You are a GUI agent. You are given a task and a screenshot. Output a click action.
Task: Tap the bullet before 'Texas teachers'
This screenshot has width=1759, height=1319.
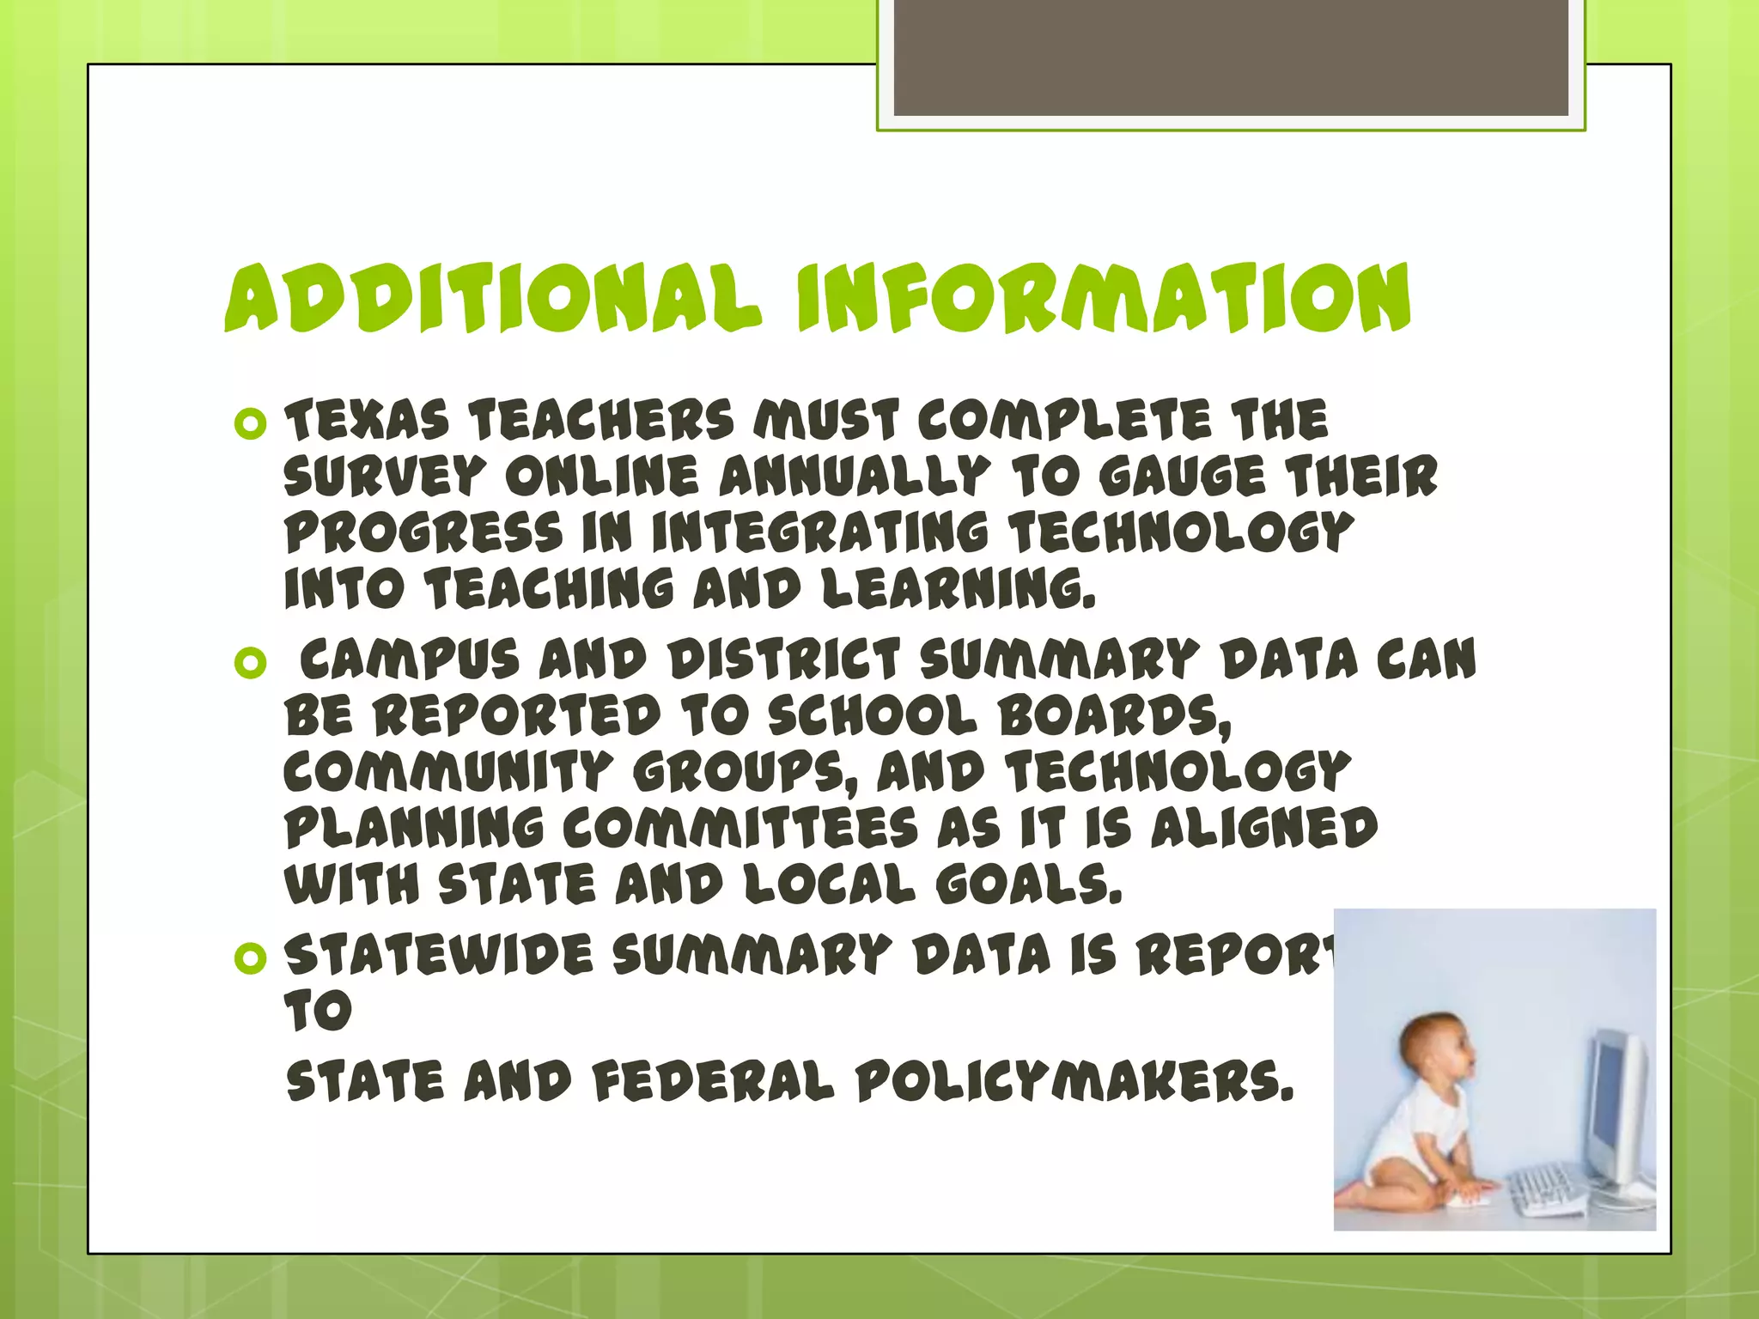tap(250, 424)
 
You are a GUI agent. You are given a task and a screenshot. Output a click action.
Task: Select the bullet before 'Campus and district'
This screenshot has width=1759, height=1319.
tap(250, 663)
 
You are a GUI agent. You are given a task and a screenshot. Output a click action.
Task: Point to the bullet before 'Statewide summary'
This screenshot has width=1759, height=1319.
tap(250, 958)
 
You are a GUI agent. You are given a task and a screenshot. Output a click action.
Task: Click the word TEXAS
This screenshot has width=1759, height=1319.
tap(367, 422)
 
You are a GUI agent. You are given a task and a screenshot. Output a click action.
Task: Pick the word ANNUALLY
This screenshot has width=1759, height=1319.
tap(855, 477)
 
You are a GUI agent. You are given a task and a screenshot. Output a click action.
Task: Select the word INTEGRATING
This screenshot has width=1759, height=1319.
tap(819, 533)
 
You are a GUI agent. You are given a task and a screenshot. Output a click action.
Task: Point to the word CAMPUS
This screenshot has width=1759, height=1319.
tap(410, 660)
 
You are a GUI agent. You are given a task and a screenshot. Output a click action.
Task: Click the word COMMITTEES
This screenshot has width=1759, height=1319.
tap(740, 829)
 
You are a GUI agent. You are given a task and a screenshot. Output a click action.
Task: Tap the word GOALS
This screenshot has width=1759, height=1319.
tap(1028, 885)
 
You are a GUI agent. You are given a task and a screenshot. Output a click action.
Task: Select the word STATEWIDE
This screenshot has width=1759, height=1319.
tap(439, 955)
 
